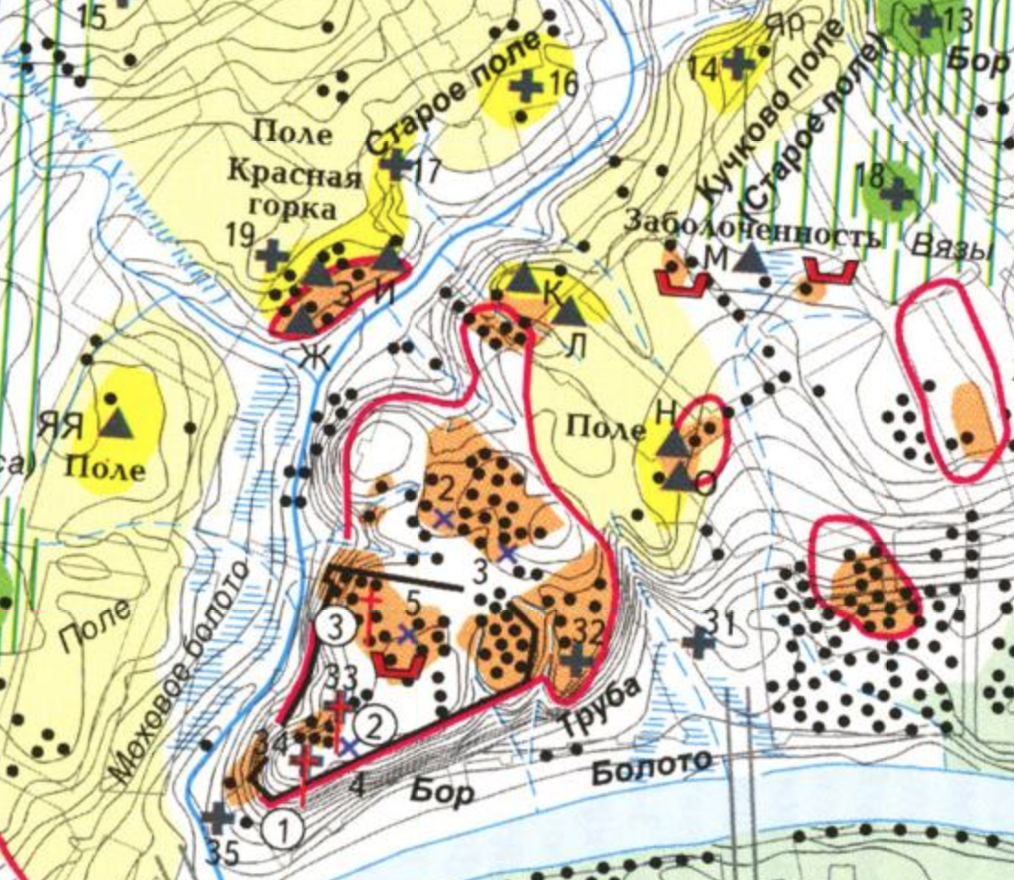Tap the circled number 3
337,627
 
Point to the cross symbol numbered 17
396,165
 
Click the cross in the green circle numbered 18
897,191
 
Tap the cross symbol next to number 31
701,642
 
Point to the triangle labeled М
750,258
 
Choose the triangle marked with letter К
523,277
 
